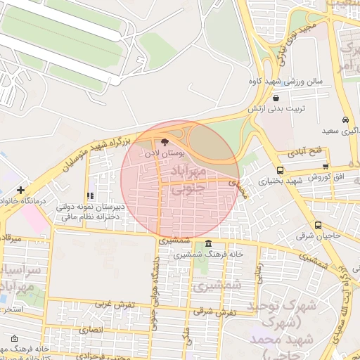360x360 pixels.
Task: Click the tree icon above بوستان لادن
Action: [x=166, y=141]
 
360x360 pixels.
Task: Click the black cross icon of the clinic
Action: [x=21, y=190]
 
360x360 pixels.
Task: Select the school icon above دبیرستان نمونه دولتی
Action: [x=89, y=196]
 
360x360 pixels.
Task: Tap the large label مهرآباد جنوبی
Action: [x=189, y=179]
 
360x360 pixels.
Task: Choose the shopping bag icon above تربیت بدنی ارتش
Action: [x=275, y=98]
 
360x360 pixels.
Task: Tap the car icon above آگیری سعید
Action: [x=345, y=120]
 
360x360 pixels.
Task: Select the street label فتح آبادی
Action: [x=304, y=151]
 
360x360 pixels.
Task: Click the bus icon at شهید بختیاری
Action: [x=281, y=170]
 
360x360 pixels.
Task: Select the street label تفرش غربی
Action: [x=110, y=304]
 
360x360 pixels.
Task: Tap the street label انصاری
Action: [x=91, y=329]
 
